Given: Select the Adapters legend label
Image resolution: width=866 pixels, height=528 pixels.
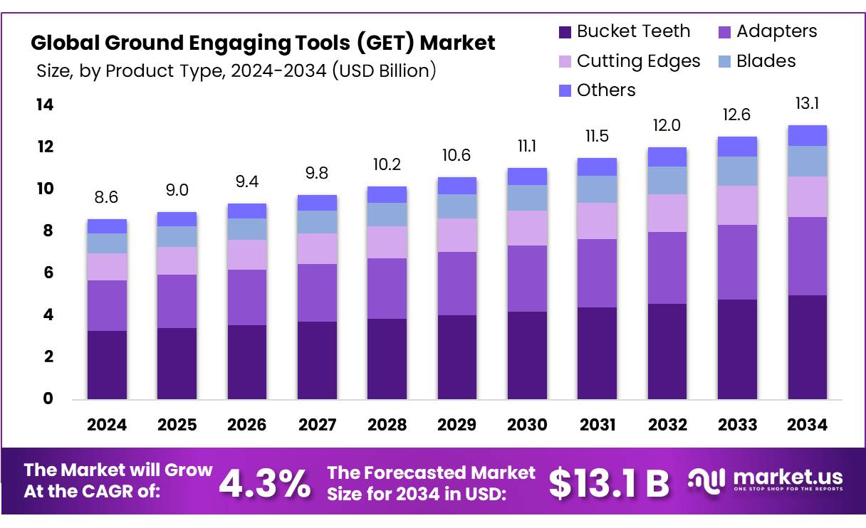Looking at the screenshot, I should (x=776, y=32).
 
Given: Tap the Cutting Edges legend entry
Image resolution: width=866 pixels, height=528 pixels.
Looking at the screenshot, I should (x=638, y=61).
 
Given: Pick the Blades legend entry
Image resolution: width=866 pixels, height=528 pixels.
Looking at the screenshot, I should (x=766, y=61).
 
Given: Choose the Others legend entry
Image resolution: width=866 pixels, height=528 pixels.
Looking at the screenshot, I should (x=605, y=90).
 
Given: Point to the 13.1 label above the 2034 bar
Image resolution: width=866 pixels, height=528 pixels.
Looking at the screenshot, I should (x=807, y=105).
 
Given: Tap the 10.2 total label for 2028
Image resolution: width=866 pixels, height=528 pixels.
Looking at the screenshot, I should (x=387, y=165).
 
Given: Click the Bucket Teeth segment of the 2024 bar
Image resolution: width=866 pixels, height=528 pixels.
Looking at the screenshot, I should (x=107, y=364).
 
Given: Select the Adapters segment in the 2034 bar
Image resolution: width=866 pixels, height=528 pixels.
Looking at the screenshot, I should (x=807, y=256).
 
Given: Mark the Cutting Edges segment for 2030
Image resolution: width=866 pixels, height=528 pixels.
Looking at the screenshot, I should (x=526, y=228).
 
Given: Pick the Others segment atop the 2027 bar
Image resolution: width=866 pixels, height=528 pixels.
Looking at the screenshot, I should (x=317, y=203).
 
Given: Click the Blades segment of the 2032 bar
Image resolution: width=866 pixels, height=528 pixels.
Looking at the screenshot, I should (x=667, y=180).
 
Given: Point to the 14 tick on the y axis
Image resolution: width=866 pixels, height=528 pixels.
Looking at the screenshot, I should (x=44, y=105).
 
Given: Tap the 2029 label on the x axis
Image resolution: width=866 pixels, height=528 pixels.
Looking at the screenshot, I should (x=457, y=425).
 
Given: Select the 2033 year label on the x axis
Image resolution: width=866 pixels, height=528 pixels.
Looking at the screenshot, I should (x=737, y=425).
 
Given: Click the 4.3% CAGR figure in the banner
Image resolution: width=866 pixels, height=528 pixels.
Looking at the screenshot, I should (x=264, y=483).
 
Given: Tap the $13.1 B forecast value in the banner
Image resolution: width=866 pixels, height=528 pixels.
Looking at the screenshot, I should (x=610, y=483).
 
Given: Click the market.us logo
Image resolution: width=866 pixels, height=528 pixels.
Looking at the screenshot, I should (x=766, y=480).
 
